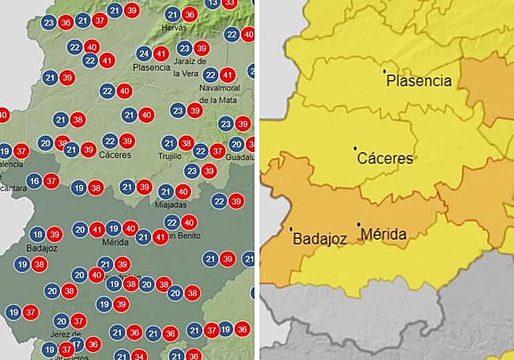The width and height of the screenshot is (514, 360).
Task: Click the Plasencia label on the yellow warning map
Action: tap(420, 81)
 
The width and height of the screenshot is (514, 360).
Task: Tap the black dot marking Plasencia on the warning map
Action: tap(385, 71)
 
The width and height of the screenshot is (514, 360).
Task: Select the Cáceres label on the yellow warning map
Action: tap(385, 158)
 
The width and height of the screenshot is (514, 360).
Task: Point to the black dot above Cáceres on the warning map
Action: tap(356, 148)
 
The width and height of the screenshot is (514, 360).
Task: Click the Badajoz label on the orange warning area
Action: tap(321, 237)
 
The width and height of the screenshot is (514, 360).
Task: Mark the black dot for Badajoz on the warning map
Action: tap(292, 229)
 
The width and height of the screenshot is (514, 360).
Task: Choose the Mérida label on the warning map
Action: tap(383, 235)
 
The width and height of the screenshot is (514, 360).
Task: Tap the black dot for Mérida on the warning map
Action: tap(359, 224)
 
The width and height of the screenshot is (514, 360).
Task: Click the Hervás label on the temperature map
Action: tap(173, 28)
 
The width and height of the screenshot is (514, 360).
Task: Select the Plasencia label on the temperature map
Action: tap(152, 67)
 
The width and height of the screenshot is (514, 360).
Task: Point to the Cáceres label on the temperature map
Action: tap(115, 154)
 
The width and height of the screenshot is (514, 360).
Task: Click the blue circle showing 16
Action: tap(33, 181)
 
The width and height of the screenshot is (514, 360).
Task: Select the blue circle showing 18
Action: tap(37, 234)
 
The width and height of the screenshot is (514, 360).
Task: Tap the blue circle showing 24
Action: tap(144, 54)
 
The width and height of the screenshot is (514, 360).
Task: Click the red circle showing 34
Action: tap(139, 355)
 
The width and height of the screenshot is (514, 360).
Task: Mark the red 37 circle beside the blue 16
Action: tap(51, 181)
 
